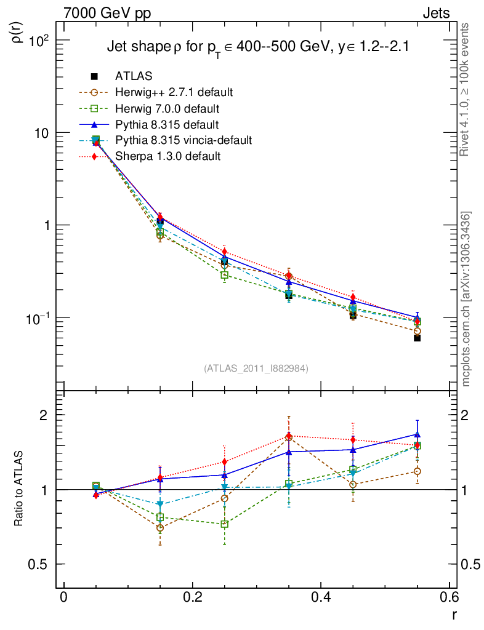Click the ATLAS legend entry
pyautogui.click(x=133, y=76)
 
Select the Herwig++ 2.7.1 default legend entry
pyautogui.click(x=173, y=92)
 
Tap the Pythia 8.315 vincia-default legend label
pyautogui.click(x=184, y=140)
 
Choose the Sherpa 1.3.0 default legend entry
pyautogui.click(x=167, y=156)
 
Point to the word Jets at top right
pyautogui.click(x=435, y=13)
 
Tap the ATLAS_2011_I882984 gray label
pyautogui.click(x=256, y=368)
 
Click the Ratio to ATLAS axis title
pyautogui.click(x=19, y=489)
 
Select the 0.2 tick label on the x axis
pyautogui.click(x=193, y=597)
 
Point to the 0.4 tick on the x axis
pyautogui.click(x=321, y=597)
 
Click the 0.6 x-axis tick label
pyautogui.click(x=450, y=597)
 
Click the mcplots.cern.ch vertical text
pyautogui.click(x=467, y=298)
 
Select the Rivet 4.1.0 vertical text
pyautogui.click(x=467, y=89)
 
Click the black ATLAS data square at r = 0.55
pyautogui.click(x=417, y=338)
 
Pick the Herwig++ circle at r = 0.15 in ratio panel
pyautogui.click(x=160, y=528)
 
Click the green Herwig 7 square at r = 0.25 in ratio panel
pyautogui.click(x=225, y=524)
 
